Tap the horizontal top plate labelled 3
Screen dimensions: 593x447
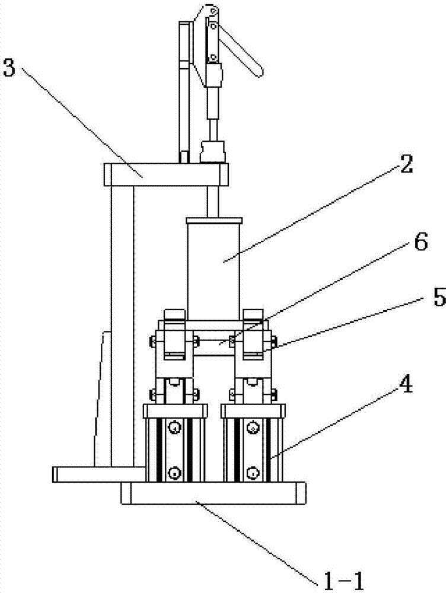click(x=166, y=173)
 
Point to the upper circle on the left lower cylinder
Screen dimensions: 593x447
click(x=174, y=428)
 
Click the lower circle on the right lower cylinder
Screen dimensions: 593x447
click(x=253, y=473)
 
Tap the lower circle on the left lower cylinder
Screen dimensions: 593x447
click(x=174, y=473)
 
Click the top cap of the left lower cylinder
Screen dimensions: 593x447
click(x=174, y=410)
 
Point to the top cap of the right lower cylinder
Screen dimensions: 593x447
click(x=253, y=410)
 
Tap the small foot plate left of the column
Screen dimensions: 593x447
click(x=98, y=473)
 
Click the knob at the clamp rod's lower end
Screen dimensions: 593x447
click(x=214, y=151)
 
